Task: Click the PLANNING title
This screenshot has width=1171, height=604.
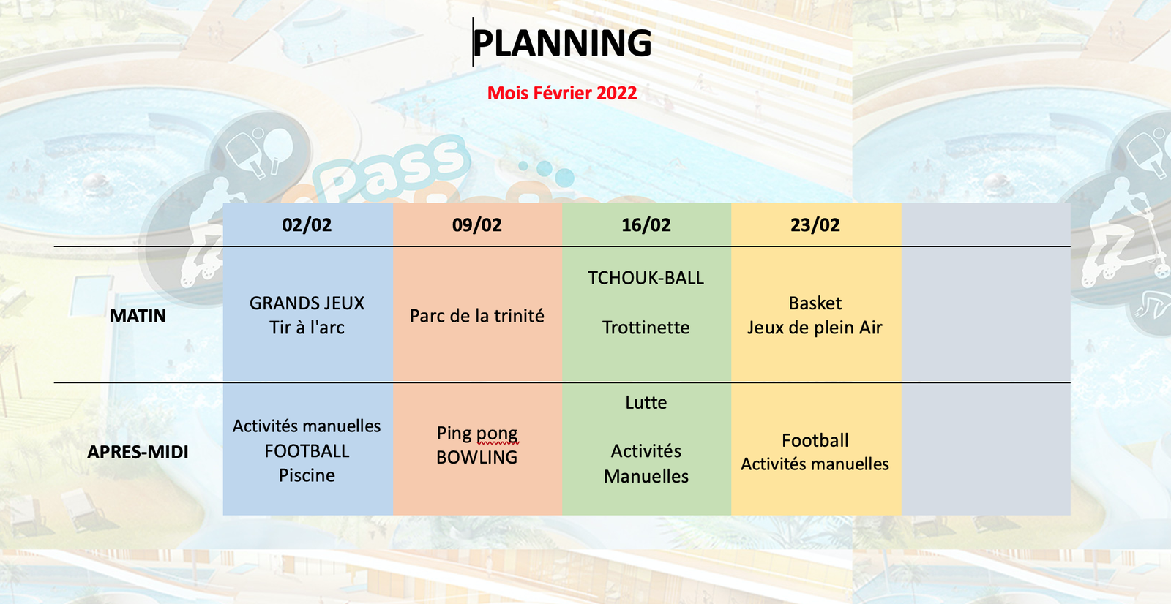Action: tap(562, 42)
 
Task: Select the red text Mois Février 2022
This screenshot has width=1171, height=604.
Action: tap(562, 93)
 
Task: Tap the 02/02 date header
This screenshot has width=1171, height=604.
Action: tap(307, 224)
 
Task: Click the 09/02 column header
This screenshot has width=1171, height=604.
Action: tap(476, 224)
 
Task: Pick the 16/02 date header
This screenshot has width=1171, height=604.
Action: tap(646, 224)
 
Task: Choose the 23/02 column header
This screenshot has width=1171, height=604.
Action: tap(815, 224)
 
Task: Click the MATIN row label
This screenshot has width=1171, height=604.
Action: tap(138, 316)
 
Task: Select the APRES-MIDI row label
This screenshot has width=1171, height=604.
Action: tap(138, 452)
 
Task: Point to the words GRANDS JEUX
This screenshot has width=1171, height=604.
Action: tap(307, 303)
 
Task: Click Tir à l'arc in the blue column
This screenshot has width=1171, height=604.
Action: tap(307, 328)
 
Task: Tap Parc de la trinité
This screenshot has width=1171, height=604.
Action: tap(476, 316)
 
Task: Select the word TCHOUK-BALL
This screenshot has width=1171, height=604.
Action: tap(646, 278)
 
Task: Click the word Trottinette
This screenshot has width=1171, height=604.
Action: tap(646, 328)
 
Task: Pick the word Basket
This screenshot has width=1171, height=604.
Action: tap(815, 303)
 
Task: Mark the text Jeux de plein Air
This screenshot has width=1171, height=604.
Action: tap(815, 328)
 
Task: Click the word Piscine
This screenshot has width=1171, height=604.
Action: tap(307, 475)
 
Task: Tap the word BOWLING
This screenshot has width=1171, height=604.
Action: tap(476, 457)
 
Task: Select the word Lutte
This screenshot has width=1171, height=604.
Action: tap(646, 402)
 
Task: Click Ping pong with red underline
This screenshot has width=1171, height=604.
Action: tap(476, 434)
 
